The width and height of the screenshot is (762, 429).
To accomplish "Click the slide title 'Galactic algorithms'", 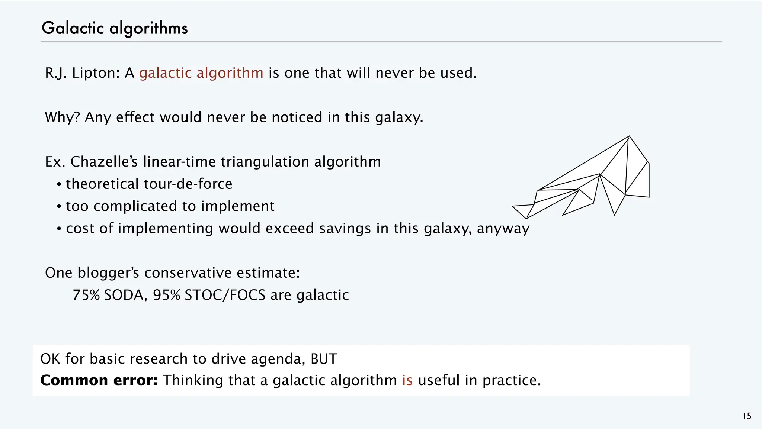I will [x=115, y=28].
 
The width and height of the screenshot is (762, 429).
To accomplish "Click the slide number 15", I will [x=747, y=416].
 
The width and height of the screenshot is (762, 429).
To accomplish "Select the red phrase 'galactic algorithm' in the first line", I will [x=201, y=73].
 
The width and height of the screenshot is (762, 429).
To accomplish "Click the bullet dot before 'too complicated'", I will [x=59, y=207].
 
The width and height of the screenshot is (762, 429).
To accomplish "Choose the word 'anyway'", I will [x=503, y=228].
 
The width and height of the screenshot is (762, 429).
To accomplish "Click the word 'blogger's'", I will [x=108, y=273].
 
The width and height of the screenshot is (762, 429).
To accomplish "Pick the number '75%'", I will [x=86, y=295].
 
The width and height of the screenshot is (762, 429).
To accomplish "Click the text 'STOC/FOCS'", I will [x=225, y=295].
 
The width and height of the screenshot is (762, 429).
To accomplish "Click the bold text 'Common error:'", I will [x=99, y=380].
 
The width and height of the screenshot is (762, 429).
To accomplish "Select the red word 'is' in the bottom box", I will [x=407, y=380].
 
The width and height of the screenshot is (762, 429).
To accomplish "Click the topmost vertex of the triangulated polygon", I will [x=629, y=136].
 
